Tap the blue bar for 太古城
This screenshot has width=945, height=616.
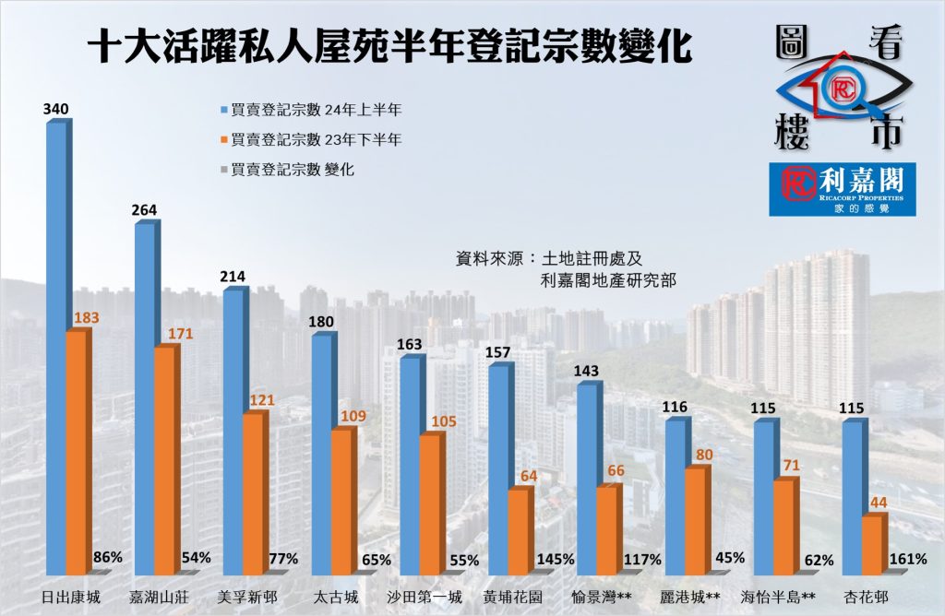point(322,452)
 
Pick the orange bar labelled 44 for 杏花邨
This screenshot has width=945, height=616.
point(872,544)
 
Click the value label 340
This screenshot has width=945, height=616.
point(55,110)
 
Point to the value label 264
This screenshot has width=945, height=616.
point(144,210)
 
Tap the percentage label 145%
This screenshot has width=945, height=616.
point(556,559)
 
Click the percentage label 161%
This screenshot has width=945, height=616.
point(908,559)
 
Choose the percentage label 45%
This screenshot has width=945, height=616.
point(731,559)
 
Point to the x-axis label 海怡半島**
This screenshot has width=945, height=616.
point(777,596)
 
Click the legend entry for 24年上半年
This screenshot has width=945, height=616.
point(310,110)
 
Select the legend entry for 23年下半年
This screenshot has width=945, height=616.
point(310,139)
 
